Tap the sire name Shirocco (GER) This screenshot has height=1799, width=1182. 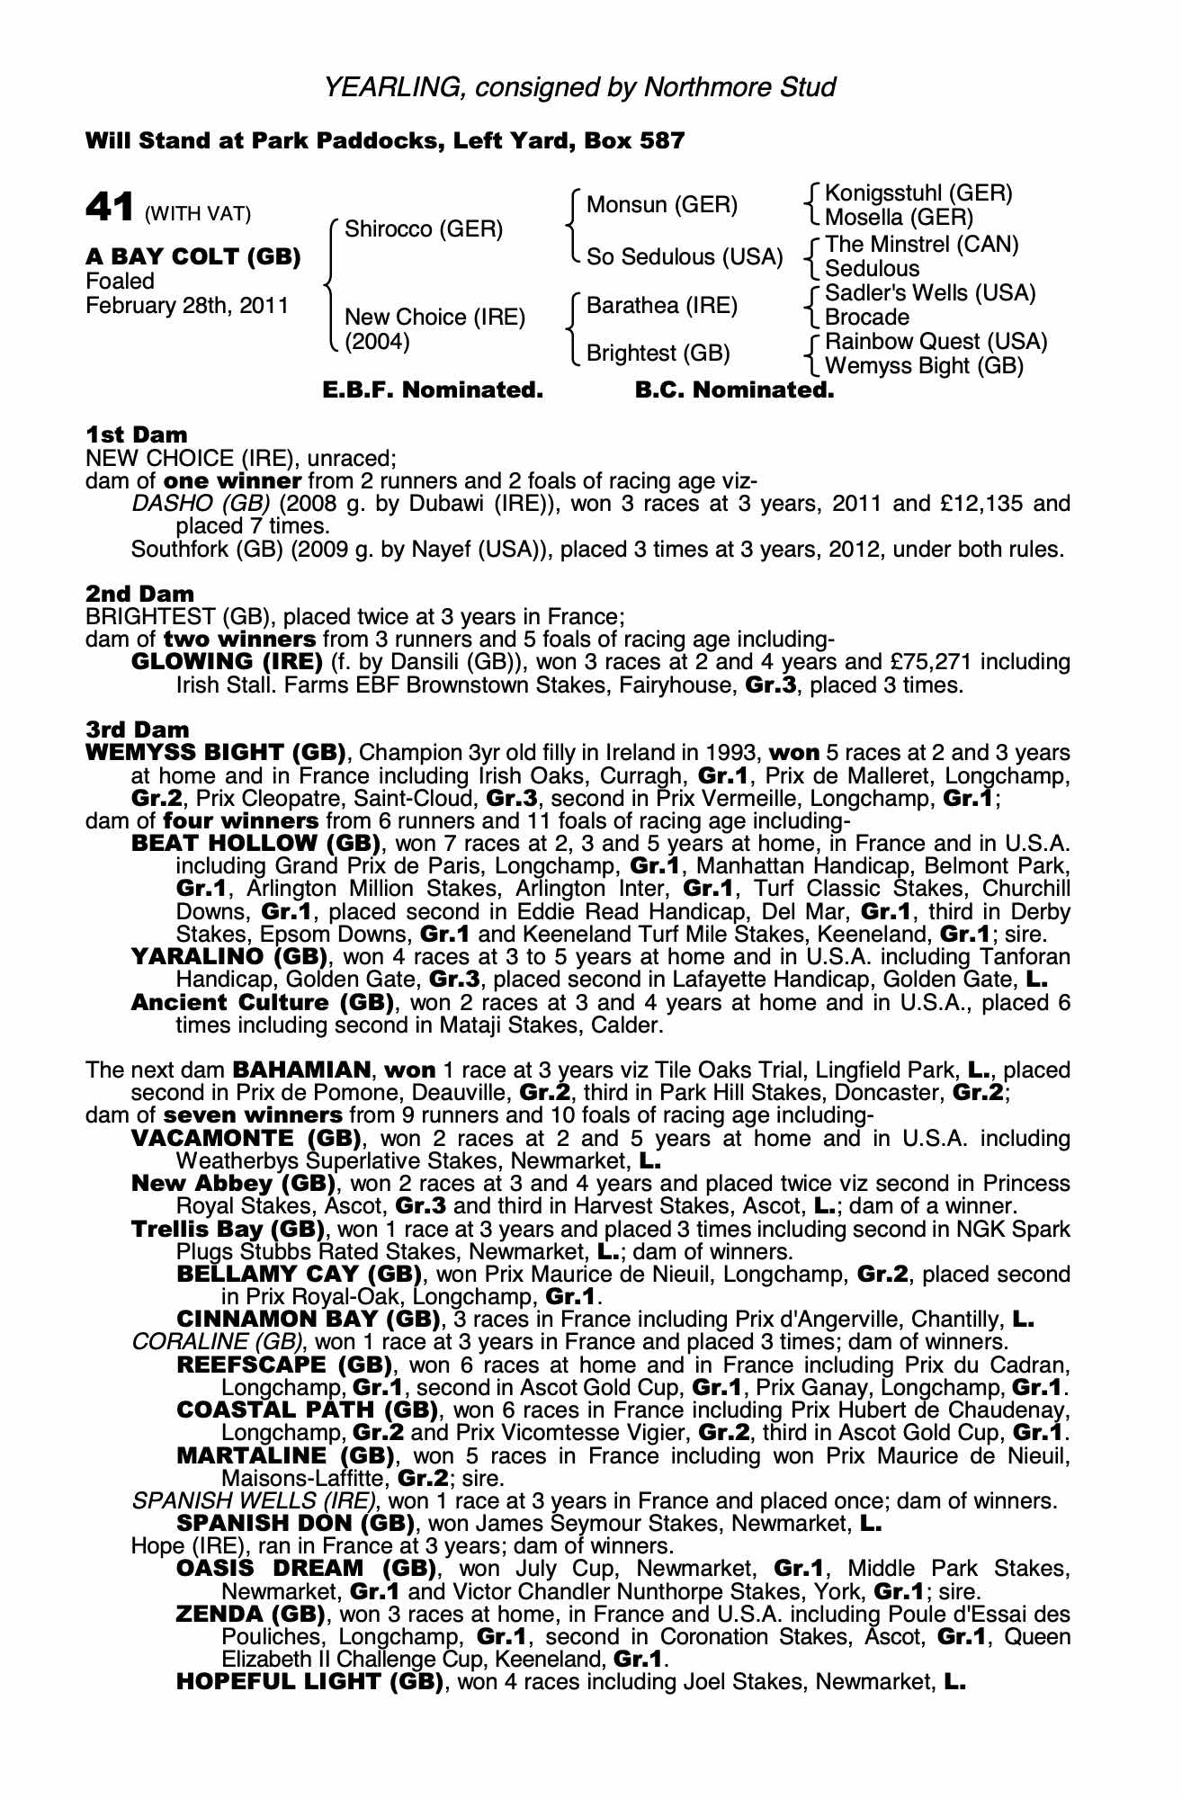pyautogui.click(x=424, y=228)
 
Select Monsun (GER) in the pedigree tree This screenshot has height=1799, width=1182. pyautogui.click(x=661, y=205)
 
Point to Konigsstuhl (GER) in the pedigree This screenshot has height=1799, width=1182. pyautogui.click(x=918, y=193)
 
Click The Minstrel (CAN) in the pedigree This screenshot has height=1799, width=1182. pyautogui.click(x=921, y=245)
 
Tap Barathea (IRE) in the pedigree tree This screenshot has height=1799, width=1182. pyautogui.click(x=661, y=306)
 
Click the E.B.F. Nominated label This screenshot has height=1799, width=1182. pyautogui.click(x=433, y=391)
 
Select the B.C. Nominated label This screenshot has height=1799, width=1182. pyautogui.click(x=735, y=391)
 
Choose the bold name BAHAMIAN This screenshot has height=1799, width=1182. pyautogui.click(x=301, y=1070)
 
